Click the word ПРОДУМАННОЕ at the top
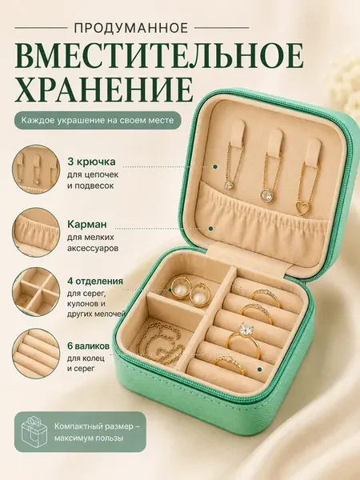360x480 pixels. pyautogui.click(x=131, y=28)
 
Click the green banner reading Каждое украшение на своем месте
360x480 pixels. pyautogui.click(x=97, y=120)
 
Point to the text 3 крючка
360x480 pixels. pyautogui.click(x=91, y=162)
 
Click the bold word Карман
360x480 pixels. pyautogui.click(x=87, y=224)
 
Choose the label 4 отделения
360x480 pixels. pyautogui.click(x=95, y=281)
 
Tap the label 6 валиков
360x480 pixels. pyautogui.click(x=88, y=346)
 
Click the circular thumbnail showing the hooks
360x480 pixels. pyautogui.click(x=36, y=170)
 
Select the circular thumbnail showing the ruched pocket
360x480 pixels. pyautogui.click(x=36, y=232)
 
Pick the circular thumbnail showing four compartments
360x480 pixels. pyautogui.click(x=36, y=291)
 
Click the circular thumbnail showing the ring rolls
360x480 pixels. pyautogui.click(x=36, y=354)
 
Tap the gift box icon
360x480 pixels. pyautogui.click(x=34, y=431)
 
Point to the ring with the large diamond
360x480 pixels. pyautogui.click(x=244, y=340)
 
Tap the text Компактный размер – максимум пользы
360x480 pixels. pyautogui.click(x=98, y=432)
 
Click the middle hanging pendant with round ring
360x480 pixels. pyautogui.click(x=267, y=195)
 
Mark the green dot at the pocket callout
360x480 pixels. pyautogui.click(x=210, y=228)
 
